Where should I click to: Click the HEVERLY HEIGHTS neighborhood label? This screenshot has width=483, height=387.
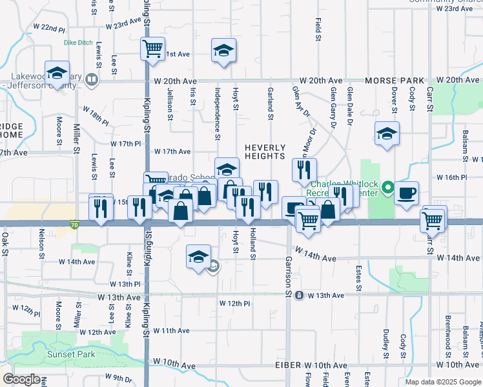pyautogui.click(x=265, y=152)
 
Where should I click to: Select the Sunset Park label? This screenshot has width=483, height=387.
pyautogui.click(x=70, y=354)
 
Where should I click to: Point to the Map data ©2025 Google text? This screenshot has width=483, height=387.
pyautogui.click(x=442, y=382)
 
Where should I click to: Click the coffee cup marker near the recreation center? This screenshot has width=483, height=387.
pyautogui.click(x=406, y=193)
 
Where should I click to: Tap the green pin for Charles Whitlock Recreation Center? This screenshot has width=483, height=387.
pyautogui.click(x=387, y=188)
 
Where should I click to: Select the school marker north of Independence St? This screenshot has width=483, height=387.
pyautogui.click(x=223, y=51)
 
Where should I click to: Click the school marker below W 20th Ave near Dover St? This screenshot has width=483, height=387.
pyautogui.click(x=387, y=134)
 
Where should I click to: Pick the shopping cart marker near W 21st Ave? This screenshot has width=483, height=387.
pyautogui.click(x=153, y=48)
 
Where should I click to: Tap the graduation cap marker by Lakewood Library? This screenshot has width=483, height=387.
pyautogui.click(x=57, y=73)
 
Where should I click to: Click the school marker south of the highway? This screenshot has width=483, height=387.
pyautogui.click(x=198, y=257)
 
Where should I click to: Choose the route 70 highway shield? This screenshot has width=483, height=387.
pyautogui.click(x=74, y=224)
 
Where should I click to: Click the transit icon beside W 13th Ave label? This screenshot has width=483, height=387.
pyautogui.click(x=299, y=295)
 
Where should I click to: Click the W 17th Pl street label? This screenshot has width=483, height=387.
pyautogui.click(x=125, y=143)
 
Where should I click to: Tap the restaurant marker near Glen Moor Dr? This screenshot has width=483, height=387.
pyautogui.click(x=304, y=171)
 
